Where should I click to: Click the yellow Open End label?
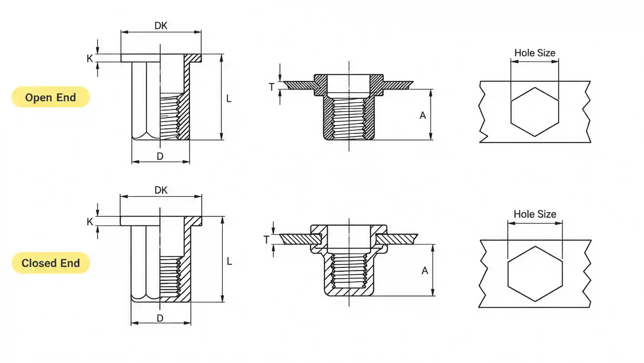pos(50,97)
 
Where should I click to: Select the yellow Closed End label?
pos(50,263)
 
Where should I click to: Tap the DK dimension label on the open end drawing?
pos(161,25)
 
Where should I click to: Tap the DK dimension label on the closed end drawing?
pos(161,190)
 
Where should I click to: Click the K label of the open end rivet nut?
pos(90,58)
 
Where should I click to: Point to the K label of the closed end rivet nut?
pos(90,222)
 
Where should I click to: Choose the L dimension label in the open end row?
pos(229,99)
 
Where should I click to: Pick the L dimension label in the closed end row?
pos(229,262)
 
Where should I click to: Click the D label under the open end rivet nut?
pos(160,156)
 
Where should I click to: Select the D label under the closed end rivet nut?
pos(160,318)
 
